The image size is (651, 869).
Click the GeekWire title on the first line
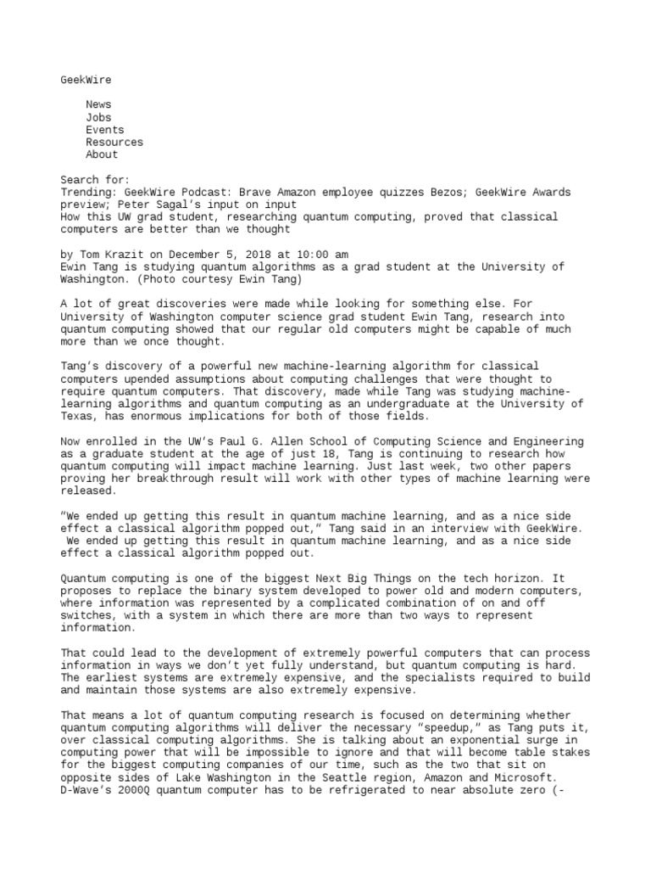click(x=86, y=80)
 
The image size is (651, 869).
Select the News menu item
click(x=98, y=104)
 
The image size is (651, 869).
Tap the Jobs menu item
click(x=98, y=117)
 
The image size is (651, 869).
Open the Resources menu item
click(x=114, y=143)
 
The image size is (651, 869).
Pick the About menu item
click(x=101, y=154)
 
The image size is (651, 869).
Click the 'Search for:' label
click(x=95, y=180)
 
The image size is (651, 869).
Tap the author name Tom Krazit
click(x=108, y=255)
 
